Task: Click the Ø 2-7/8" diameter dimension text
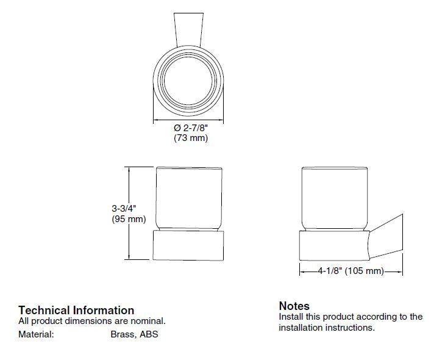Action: [191, 128]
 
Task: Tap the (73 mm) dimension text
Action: [191, 139]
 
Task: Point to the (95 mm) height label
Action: [129, 219]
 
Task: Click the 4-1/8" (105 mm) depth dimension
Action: [351, 271]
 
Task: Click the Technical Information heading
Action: [76, 310]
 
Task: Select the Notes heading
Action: [294, 306]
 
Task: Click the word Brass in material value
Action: [123, 334]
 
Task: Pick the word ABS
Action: [149, 334]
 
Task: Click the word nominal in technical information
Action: [148, 321]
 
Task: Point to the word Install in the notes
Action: [291, 317]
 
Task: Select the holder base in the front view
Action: [189, 245]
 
